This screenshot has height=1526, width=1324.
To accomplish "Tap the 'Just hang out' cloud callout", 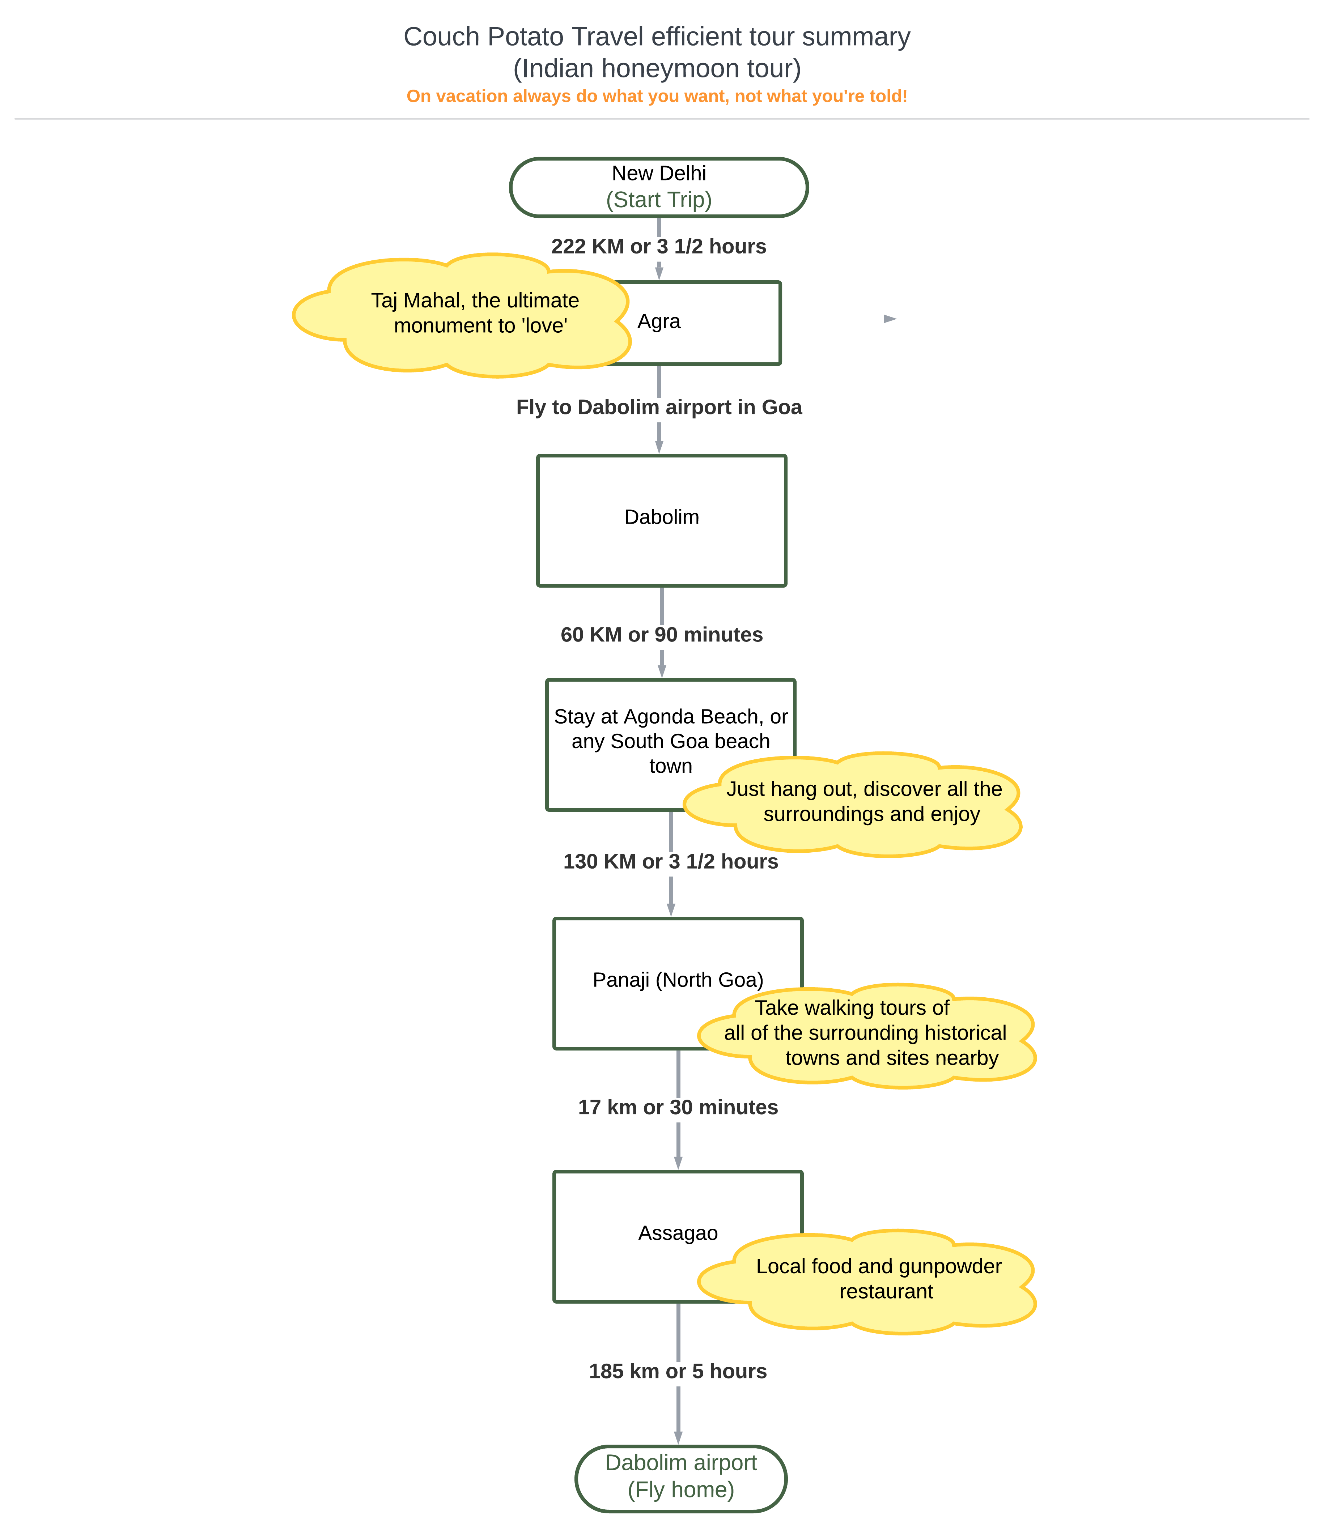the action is tap(853, 805).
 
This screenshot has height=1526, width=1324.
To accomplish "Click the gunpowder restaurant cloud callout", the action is tap(867, 1282).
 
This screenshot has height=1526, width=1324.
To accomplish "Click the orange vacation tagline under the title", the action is tap(657, 96).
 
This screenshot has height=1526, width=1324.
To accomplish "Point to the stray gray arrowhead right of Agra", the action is tap(890, 319).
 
